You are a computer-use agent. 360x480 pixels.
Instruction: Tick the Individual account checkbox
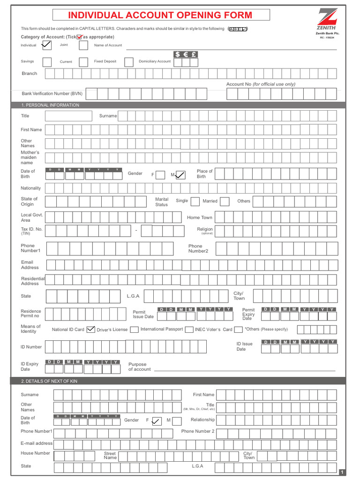tap(46, 45)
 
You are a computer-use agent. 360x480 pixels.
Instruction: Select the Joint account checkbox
tap(83, 45)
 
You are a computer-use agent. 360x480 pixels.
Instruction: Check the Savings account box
tap(47, 62)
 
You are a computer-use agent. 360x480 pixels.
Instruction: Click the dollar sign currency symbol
tap(178, 54)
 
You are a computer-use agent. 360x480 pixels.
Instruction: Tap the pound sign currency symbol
tap(194, 54)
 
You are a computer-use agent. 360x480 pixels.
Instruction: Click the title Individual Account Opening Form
tap(161, 15)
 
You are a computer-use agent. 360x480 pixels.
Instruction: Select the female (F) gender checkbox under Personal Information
tap(160, 175)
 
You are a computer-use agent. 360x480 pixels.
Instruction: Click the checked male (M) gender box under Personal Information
tap(180, 175)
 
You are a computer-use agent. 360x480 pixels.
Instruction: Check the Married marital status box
tap(225, 202)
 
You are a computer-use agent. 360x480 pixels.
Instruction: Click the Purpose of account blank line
tap(244, 370)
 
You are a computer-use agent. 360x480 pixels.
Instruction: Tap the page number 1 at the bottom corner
tap(342, 472)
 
